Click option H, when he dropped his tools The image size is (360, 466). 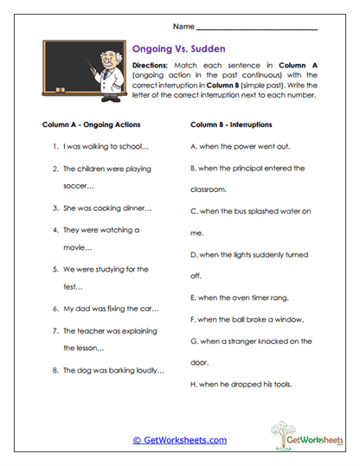pyautogui.click(x=240, y=384)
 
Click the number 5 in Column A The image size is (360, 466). pyautogui.click(x=55, y=269)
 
